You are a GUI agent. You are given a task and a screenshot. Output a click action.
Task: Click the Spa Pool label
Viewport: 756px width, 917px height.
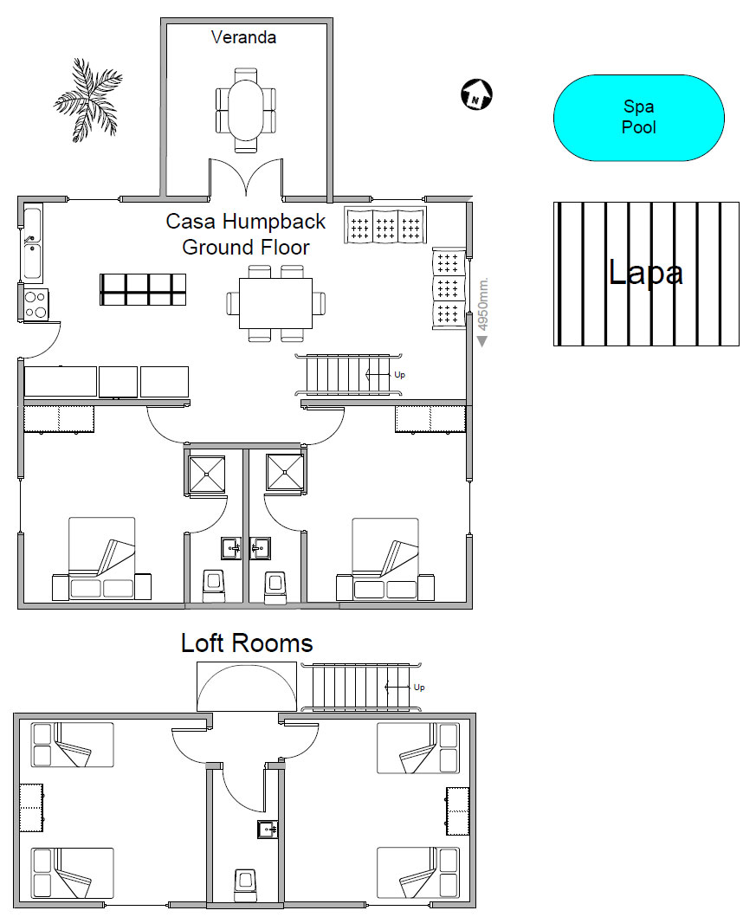pos(638,117)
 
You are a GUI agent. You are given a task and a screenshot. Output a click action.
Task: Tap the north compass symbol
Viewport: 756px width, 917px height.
pos(476,94)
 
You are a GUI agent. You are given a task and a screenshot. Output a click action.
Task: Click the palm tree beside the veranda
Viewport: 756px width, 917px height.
pos(87,100)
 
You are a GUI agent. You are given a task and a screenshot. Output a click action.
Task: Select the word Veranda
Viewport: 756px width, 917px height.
pos(243,37)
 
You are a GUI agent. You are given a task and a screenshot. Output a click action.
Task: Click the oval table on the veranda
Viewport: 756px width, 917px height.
pos(246,109)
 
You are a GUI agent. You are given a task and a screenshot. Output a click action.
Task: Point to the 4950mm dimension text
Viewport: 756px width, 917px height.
pos(483,304)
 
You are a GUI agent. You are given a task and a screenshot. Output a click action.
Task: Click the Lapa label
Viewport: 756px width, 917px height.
pos(645,272)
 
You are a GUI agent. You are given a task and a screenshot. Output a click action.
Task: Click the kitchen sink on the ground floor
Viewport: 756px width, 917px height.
pos(33,242)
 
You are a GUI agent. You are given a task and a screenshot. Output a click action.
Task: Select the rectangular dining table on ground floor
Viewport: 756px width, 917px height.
pos(275,304)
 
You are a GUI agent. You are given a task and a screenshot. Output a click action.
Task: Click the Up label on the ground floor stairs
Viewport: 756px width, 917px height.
pos(399,375)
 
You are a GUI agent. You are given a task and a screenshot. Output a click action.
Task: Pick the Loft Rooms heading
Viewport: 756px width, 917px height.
pos(247,643)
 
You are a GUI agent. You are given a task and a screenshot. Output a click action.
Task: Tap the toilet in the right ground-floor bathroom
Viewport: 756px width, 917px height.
pos(275,586)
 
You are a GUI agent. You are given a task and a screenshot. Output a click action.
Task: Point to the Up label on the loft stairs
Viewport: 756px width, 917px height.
pos(418,688)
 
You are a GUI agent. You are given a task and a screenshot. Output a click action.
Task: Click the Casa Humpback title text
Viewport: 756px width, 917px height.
pos(246,222)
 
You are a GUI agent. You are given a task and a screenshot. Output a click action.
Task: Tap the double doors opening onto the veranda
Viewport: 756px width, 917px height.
pos(246,178)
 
